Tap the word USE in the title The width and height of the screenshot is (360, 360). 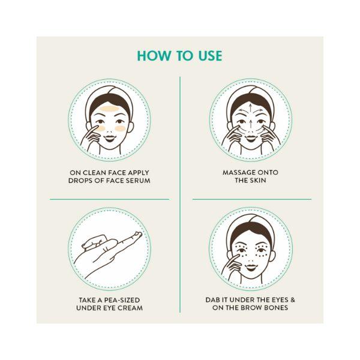point(209,56)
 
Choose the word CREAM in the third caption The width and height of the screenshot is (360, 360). point(130,307)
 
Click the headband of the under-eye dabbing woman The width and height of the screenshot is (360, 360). point(251,228)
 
